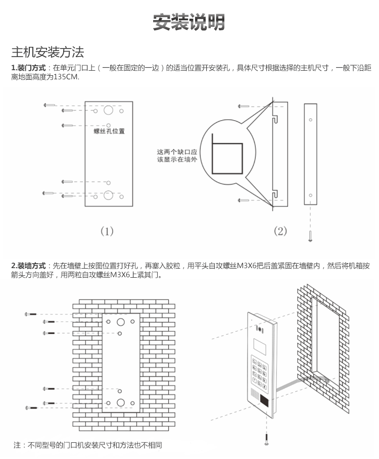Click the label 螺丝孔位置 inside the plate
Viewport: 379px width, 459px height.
click(109, 131)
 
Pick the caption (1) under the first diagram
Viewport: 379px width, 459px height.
click(107, 231)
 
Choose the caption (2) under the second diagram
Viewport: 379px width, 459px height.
click(280, 231)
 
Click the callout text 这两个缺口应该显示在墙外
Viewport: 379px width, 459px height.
click(176, 156)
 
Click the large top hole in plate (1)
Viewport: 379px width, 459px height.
click(109, 111)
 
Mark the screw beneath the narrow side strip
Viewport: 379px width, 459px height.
click(310, 235)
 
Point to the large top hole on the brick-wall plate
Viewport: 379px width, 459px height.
click(120, 322)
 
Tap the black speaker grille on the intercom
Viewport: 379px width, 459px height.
click(264, 400)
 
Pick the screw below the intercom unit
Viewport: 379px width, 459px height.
click(266, 439)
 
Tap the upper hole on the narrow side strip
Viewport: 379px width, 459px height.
click(310, 120)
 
